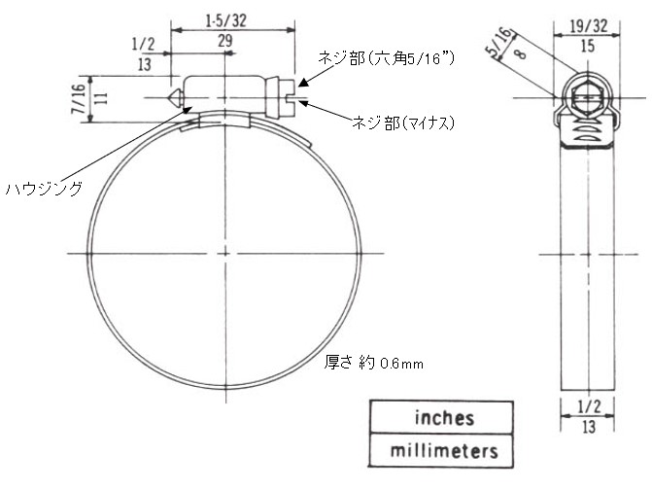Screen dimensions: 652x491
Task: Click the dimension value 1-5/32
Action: pos(225,20)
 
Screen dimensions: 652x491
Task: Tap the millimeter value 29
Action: pos(225,41)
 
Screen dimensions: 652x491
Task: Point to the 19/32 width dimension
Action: pos(589,26)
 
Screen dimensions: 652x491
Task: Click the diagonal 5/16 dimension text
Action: pos(499,42)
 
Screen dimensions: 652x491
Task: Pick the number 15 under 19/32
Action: pos(588,47)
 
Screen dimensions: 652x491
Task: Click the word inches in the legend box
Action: pos(444,418)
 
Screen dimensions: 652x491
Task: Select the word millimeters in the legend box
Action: pos(444,451)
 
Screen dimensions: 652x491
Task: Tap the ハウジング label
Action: pos(44,189)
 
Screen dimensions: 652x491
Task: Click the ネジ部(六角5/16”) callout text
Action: pos(387,58)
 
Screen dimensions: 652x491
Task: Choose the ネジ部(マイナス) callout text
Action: pos(403,123)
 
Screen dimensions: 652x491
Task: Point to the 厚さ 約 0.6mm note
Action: pos(373,363)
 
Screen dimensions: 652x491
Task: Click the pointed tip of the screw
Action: pos(168,98)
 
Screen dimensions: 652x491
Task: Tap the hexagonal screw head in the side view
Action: pos(587,98)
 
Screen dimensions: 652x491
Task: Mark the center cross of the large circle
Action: pos(225,254)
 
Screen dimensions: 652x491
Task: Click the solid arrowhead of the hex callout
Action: pos(304,83)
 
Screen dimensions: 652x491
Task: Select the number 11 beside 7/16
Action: pos(101,98)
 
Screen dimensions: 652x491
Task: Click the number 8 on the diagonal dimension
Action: pos(520,53)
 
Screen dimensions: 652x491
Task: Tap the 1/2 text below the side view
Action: pos(589,406)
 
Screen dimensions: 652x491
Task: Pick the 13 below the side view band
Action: pos(589,427)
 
